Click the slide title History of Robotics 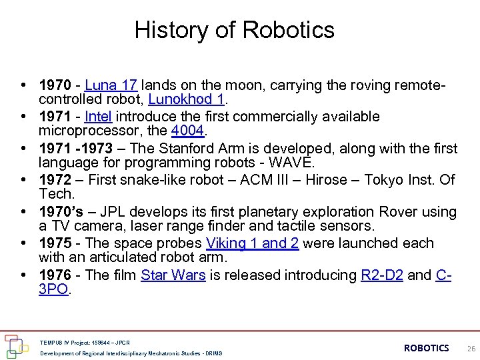pyautogui.click(x=234, y=30)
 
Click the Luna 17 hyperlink pyautogui.click(x=111, y=85)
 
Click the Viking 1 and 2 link pyautogui.click(x=252, y=243)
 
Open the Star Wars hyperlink pyautogui.click(x=173, y=275)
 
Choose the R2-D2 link pyautogui.click(x=382, y=275)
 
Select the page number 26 pyautogui.click(x=471, y=348)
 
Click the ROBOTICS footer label pyautogui.click(x=427, y=348)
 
